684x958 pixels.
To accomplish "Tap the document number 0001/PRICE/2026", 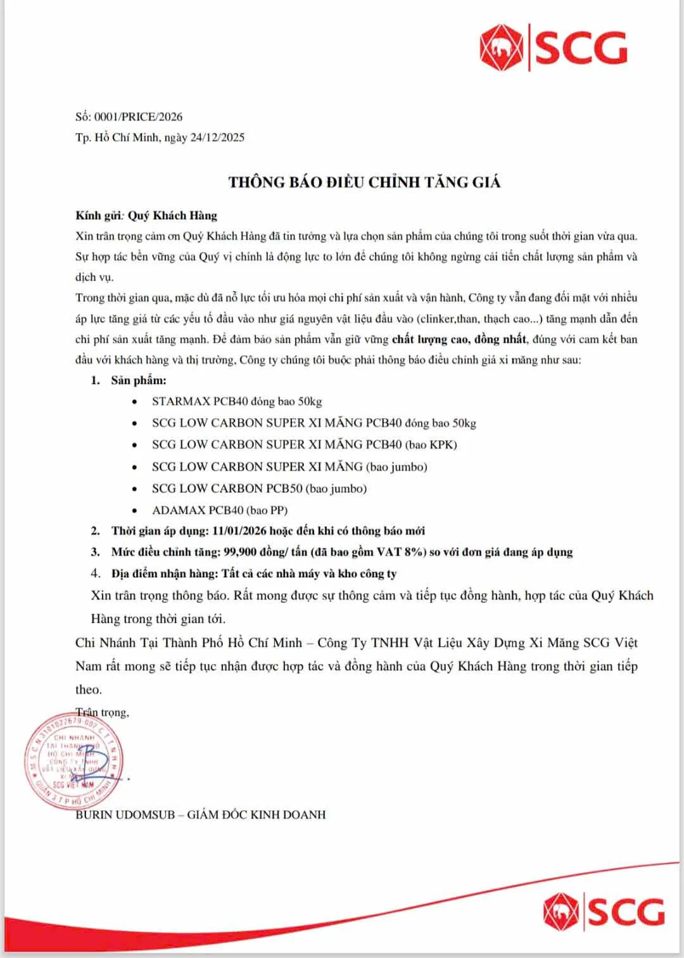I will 139,117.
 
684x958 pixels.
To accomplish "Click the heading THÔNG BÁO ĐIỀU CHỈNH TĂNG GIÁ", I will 365,182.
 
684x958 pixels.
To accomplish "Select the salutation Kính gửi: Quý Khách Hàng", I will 146,215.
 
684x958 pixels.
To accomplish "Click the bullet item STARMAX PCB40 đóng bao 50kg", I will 237,401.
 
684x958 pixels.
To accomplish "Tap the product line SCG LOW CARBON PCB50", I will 259,489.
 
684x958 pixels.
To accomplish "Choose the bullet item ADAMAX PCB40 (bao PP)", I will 220,510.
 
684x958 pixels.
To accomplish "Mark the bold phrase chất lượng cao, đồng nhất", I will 459,339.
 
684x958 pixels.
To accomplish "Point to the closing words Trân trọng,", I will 103,713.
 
